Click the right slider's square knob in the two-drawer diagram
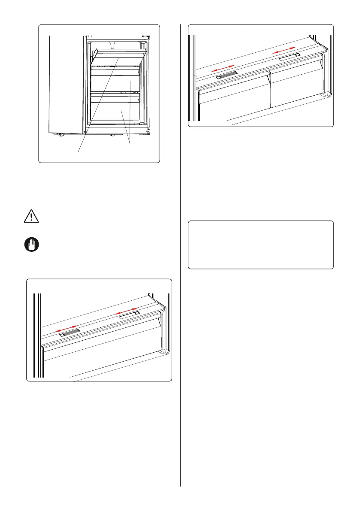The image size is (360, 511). (x=297, y=55)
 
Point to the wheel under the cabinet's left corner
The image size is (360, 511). (x=59, y=135)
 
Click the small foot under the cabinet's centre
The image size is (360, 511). (x=112, y=136)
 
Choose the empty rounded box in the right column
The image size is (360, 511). (x=261, y=245)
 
